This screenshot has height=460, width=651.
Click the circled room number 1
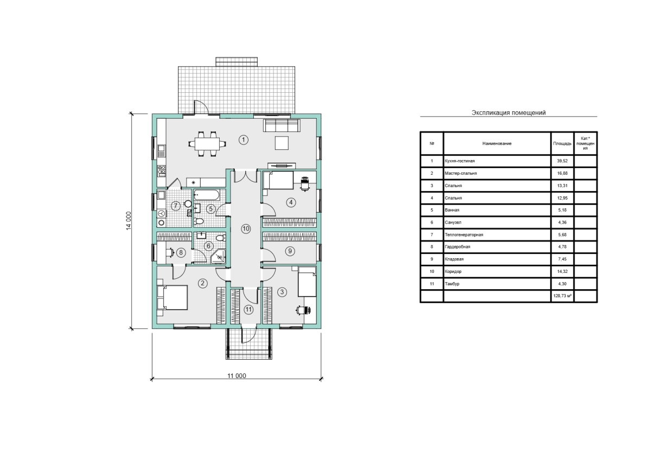tap(243, 140)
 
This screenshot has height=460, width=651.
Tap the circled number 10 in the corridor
tap(246, 229)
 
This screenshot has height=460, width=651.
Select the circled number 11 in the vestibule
tap(248, 310)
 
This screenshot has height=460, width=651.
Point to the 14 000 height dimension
tap(129, 221)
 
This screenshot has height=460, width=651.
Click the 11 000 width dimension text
tap(237, 376)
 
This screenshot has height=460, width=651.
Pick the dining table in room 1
tap(207, 144)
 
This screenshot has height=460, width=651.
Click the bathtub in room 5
tap(207, 195)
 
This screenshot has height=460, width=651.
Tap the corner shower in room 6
tap(218, 256)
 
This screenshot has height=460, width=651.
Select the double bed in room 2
tap(173, 297)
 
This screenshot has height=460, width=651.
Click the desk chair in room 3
tap(303, 310)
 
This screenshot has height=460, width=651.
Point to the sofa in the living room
tap(282, 125)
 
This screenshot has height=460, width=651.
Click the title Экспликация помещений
tap(509, 113)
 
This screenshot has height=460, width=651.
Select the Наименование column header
tap(497, 144)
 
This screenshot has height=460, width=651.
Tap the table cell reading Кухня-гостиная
tap(460, 161)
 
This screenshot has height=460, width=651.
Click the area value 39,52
tap(563, 161)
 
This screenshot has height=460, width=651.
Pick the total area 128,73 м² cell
tap(563, 296)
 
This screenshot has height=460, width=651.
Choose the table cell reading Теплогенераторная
tap(464, 235)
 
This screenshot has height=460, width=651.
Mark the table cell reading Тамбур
tap(452, 284)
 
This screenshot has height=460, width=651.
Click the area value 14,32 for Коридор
tap(563, 271)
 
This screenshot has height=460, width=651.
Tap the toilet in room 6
tap(221, 238)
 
